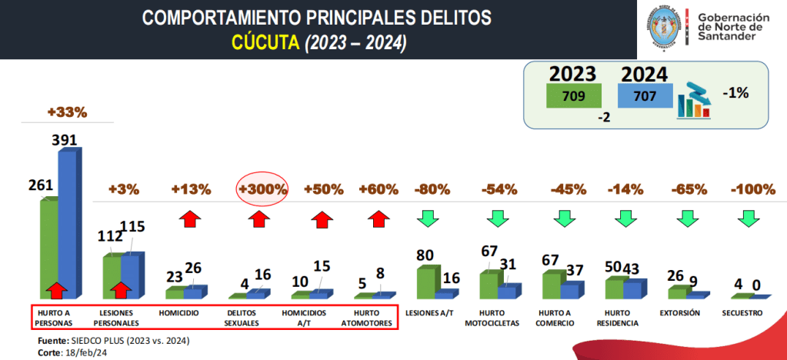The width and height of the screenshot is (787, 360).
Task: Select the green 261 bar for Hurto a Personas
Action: tap(49, 246)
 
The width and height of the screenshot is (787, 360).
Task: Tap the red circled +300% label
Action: tap(262, 189)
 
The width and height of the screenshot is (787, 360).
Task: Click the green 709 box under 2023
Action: tap(573, 97)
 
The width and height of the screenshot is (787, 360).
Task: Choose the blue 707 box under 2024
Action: tap(645, 97)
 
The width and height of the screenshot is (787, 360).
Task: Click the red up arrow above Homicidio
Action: tap(189, 219)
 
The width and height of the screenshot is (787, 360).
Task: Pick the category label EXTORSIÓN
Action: tap(679, 313)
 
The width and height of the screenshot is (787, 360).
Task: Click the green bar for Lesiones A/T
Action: tap(425, 282)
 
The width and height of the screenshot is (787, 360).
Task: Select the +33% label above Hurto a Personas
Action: tap(67, 112)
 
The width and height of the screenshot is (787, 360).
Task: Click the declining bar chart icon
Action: tap(692, 99)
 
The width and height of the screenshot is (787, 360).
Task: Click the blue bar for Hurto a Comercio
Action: tap(569, 289)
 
